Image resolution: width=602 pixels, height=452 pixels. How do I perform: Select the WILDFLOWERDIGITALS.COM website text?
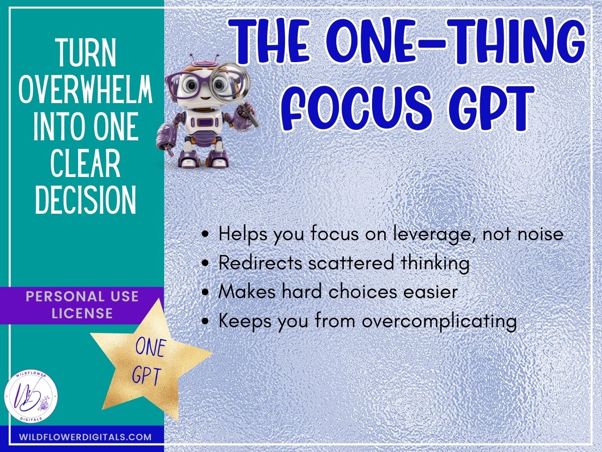click(86, 437)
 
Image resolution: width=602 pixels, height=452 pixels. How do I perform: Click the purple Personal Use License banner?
click(82, 305)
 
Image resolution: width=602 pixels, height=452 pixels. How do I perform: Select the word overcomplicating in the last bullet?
click(439, 321)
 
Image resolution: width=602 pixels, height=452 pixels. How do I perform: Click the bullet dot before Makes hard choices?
click(205, 292)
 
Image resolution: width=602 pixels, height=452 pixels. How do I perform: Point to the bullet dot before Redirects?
click(205, 264)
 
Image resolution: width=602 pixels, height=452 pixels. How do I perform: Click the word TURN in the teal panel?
click(86, 53)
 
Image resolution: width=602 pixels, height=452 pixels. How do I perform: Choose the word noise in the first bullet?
click(540, 234)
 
